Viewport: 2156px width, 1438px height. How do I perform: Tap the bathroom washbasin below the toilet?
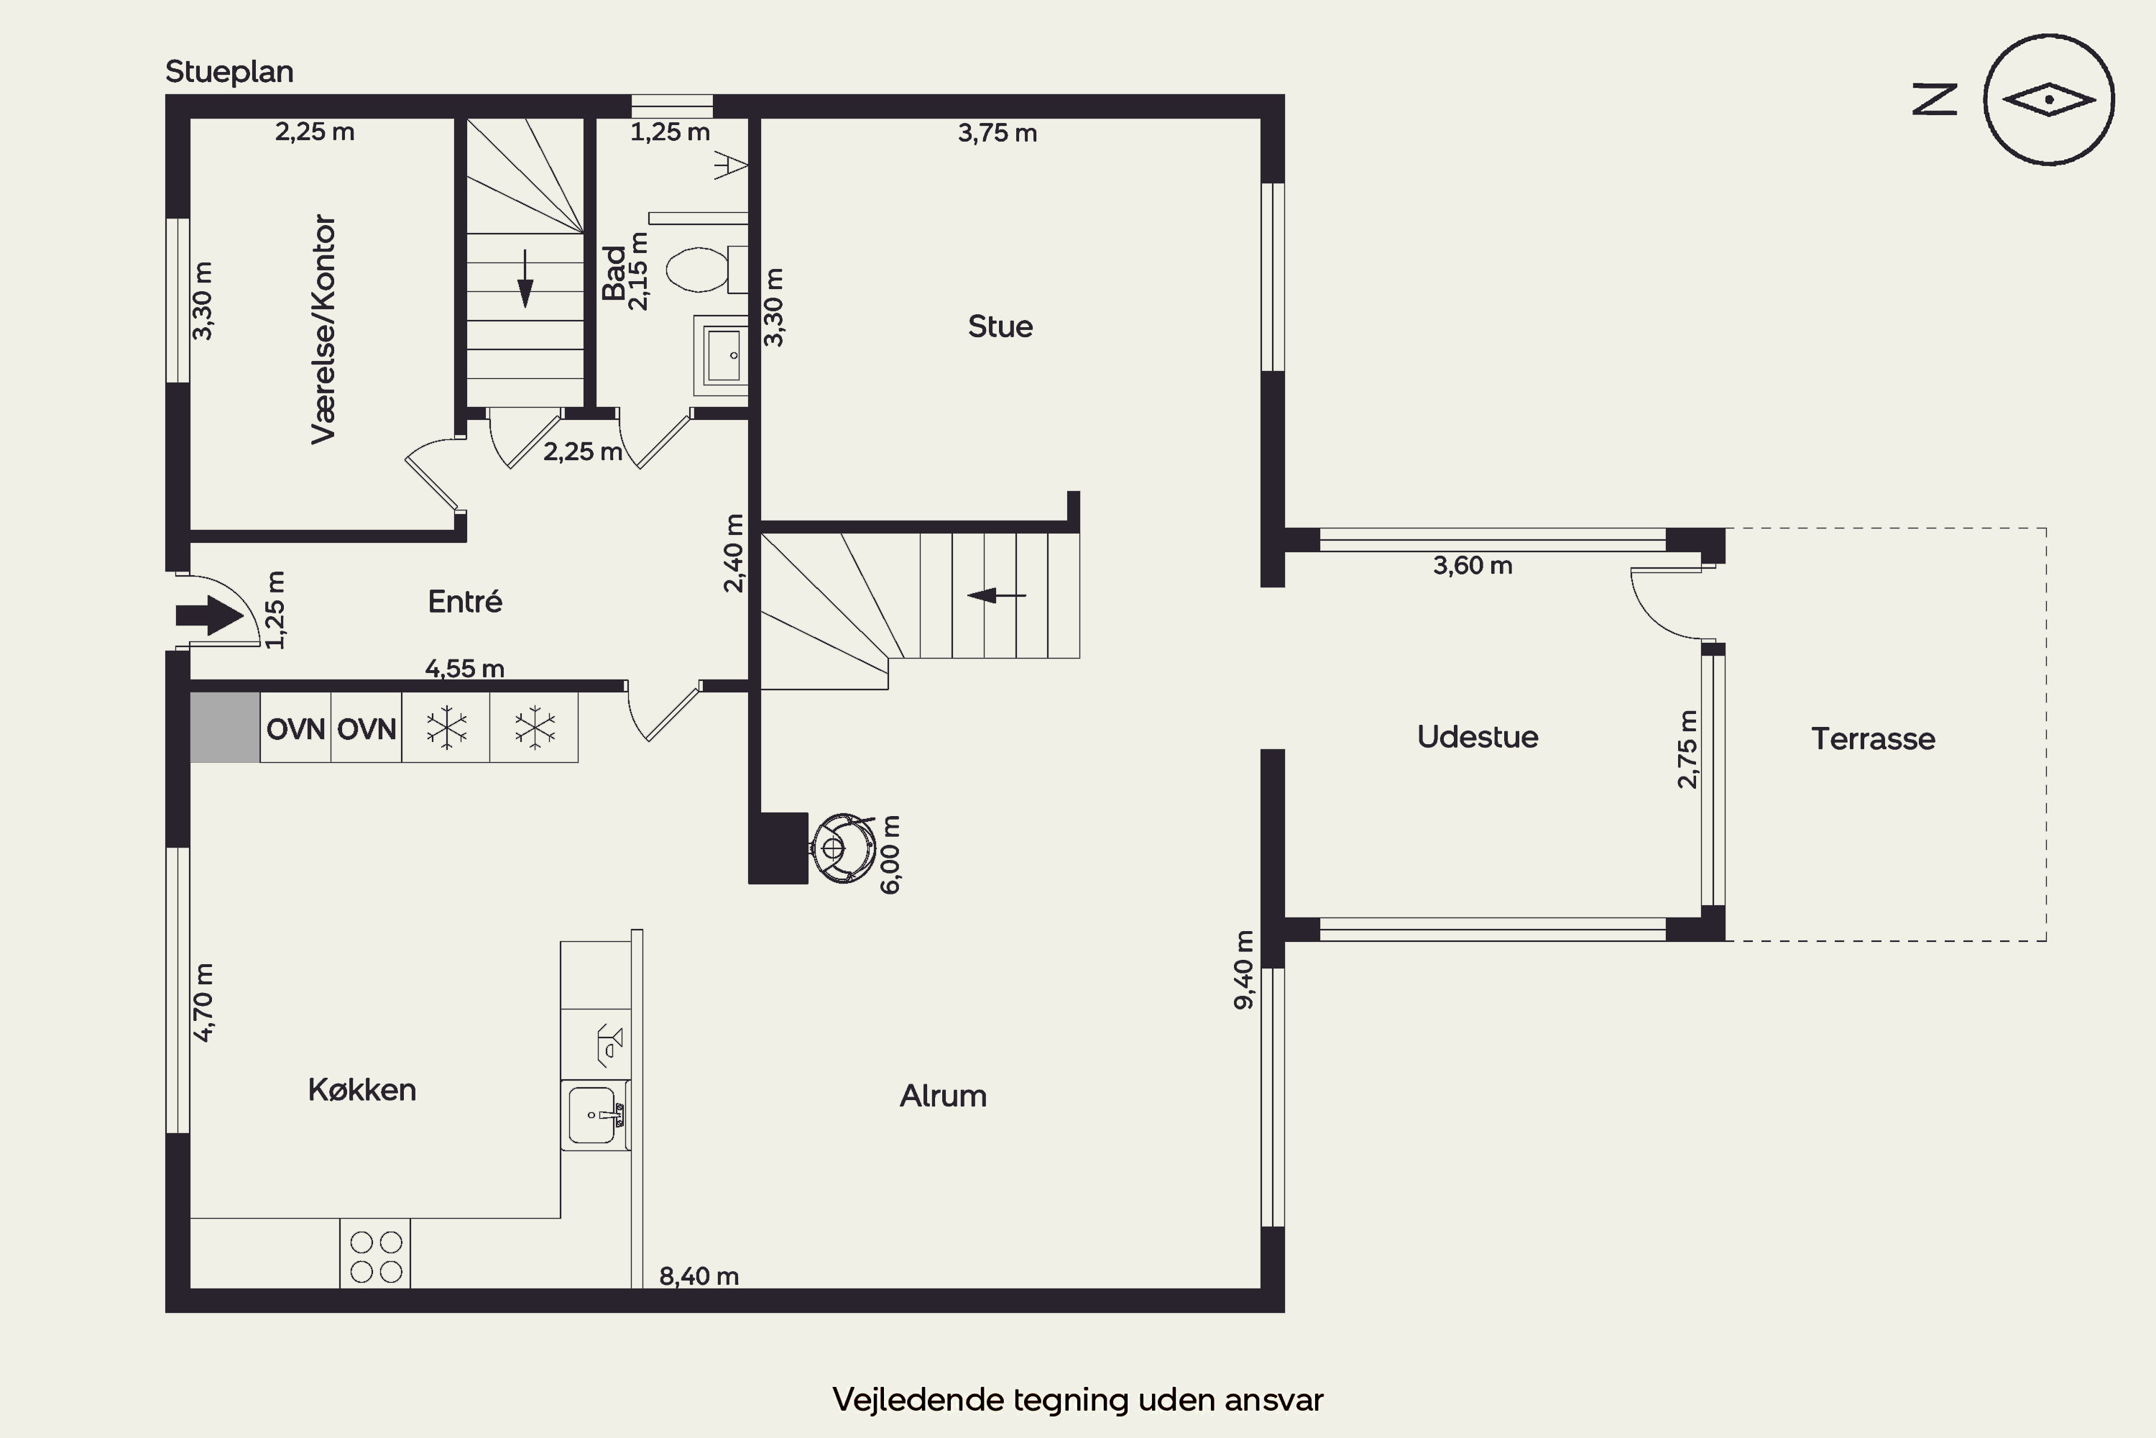[722, 356]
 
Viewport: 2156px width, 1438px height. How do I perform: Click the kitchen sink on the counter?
[595, 1115]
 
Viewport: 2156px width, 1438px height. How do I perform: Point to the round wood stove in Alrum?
[842, 848]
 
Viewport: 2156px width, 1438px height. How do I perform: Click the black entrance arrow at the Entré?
[210, 615]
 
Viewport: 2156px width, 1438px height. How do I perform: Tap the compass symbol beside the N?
[2049, 100]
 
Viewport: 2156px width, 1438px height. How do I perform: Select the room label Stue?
[1000, 326]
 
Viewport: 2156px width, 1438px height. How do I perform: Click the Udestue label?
[1478, 736]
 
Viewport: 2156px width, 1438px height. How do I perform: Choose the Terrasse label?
[1873, 738]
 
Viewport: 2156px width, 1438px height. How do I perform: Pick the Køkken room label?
[362, 1089]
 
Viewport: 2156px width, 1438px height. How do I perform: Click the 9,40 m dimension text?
[1244, 970]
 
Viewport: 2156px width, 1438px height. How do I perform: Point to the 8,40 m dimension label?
[699, 1276]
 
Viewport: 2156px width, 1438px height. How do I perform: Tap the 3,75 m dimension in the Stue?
[998, 133]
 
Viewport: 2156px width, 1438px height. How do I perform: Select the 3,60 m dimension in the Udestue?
[1472, 565]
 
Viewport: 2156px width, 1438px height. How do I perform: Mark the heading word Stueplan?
[229, 71]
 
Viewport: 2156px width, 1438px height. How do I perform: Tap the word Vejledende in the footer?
[918, 1399]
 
